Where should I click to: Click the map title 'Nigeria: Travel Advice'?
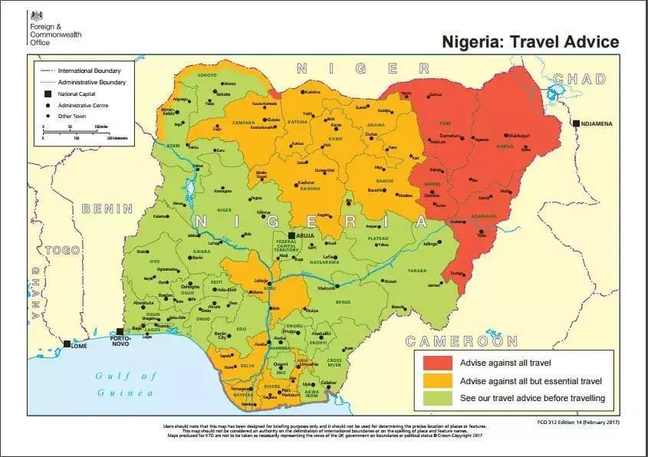tap(530, 41)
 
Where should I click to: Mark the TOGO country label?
tap(63, 251)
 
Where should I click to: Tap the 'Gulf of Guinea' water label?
tap(125, 384)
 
